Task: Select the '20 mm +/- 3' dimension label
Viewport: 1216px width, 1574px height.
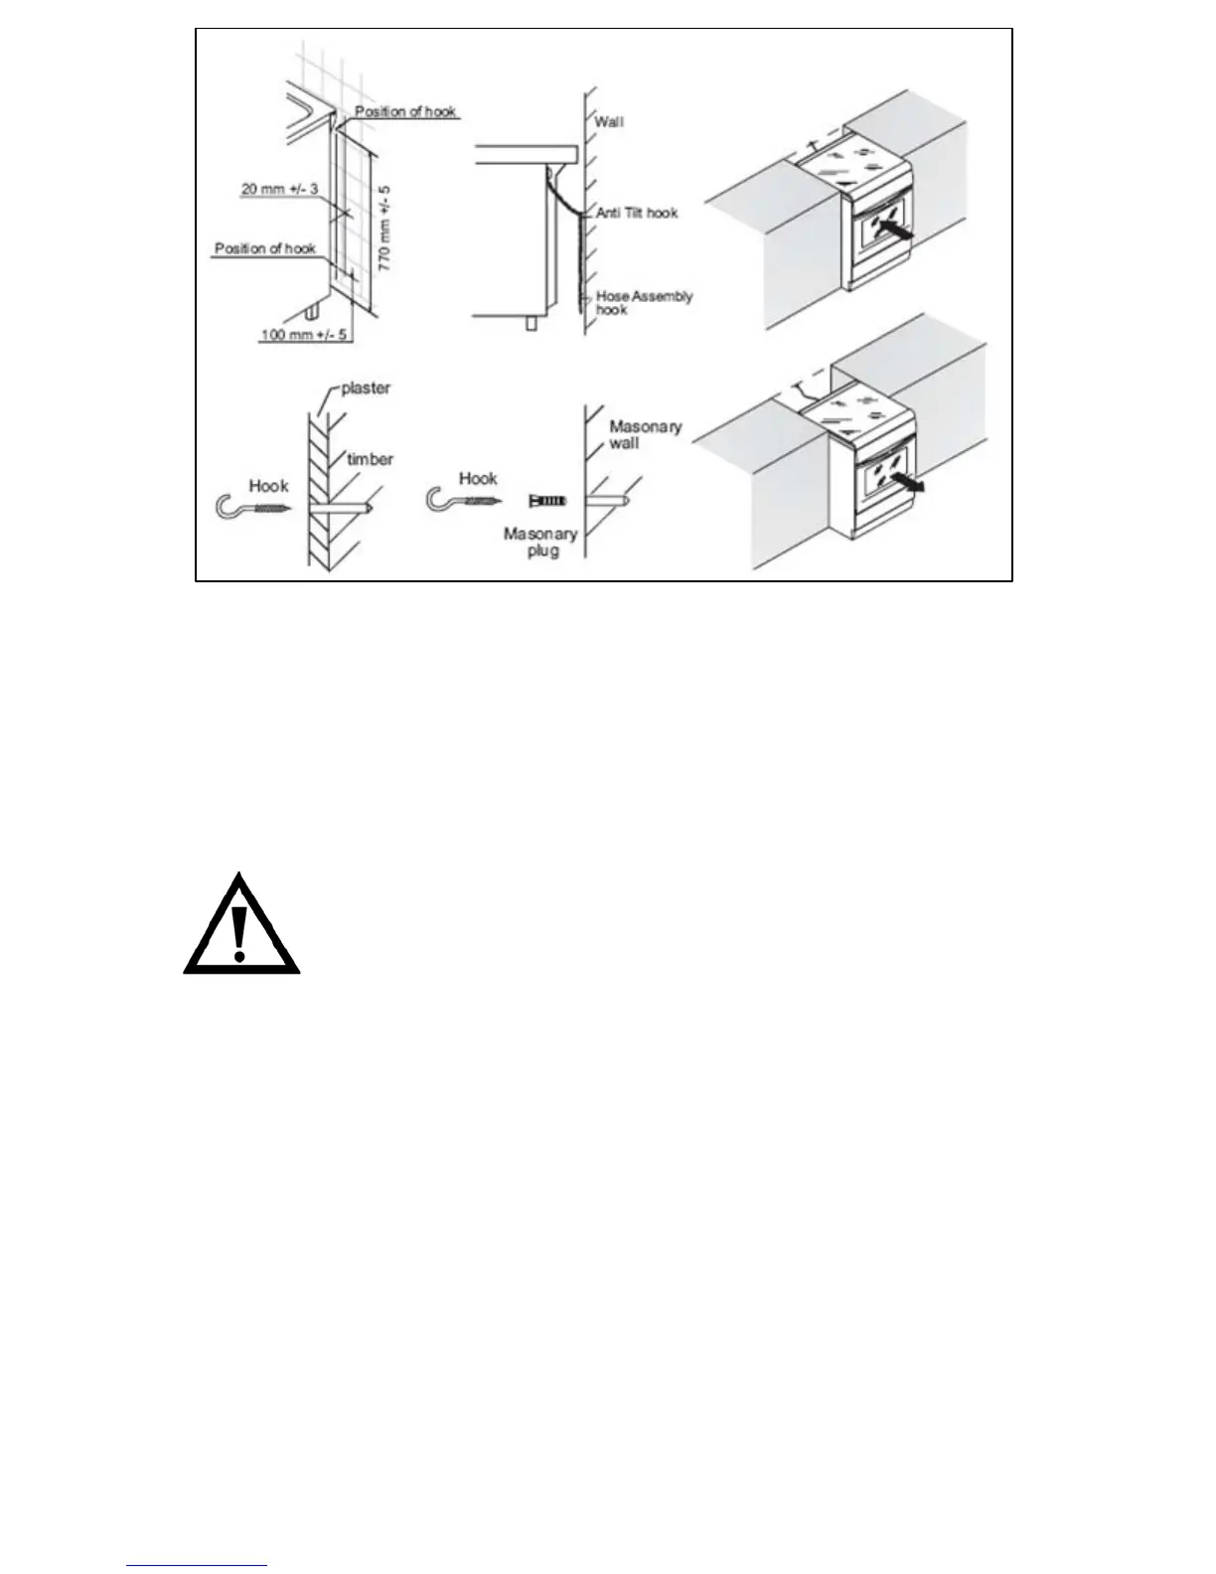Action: [278, 188]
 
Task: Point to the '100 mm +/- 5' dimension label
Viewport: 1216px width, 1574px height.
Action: [304, 335]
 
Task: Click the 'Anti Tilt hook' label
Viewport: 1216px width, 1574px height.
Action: [637, 213]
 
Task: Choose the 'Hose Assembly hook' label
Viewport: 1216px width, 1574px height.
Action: [643, 302]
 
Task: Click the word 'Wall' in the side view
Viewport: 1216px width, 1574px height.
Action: [609, 122]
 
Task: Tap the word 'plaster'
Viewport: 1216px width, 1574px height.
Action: [366, 389]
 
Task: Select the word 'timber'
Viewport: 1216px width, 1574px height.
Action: [370, 458]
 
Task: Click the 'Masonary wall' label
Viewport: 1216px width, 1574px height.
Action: [645, 434]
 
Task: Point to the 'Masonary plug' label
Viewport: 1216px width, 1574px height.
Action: [540, 542]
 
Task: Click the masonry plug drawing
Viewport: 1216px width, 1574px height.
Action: [547, 501]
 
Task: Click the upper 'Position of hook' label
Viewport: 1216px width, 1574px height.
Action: [405, 111]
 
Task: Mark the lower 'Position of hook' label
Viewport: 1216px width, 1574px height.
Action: [265, 247]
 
